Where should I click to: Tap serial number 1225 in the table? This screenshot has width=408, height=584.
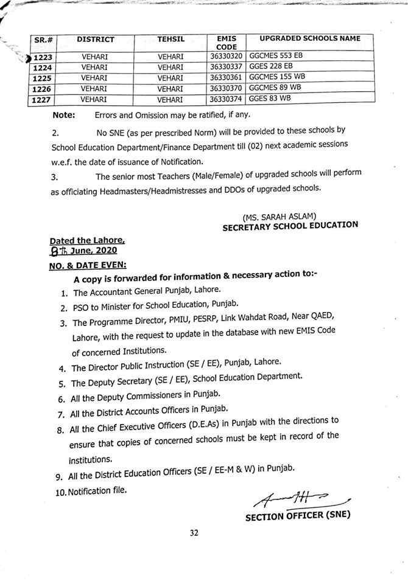pyautogui.click(x=44, y=78)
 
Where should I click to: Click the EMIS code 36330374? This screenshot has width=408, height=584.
pyautogui.click(x=226, y=99)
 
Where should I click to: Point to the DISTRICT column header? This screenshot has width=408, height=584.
pyautogui.click(x=96, y=40)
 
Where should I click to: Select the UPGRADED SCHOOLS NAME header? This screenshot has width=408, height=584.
pyautogui.click(x=310, y=39)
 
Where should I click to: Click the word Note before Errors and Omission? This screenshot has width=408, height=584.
pyautogui.click(x=64, y=115)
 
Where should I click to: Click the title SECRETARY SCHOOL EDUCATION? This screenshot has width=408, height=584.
pyautogui.click(x=290, y=226)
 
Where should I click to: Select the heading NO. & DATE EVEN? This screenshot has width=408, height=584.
pyautogui.click(x=88, y=266)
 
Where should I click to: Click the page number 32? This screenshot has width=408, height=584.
pyautogui.click(x=194, y=534)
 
